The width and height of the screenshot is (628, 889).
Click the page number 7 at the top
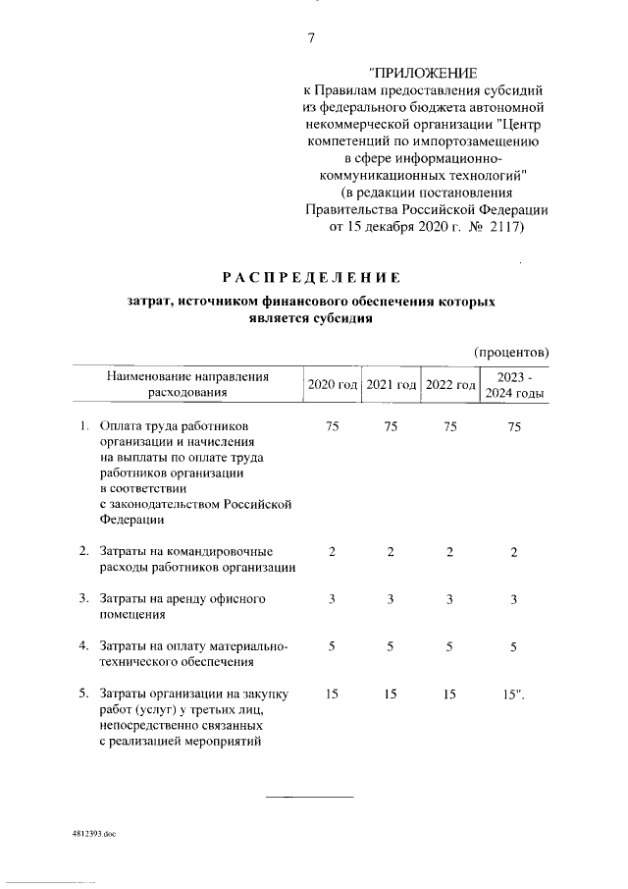pos(311,38)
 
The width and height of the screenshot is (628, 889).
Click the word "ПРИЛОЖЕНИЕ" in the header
pos(423,73)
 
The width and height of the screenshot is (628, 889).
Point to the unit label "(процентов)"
pos(510,352)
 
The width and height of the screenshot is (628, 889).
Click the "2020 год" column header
pos(333,384)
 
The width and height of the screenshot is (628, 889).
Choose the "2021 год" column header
pos(391,384)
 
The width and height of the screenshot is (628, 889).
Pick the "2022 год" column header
pos(449,384)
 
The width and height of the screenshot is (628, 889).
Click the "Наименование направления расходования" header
pos(187,384)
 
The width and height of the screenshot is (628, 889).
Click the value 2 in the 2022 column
pos(449,552)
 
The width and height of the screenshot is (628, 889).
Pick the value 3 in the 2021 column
pos(391,599)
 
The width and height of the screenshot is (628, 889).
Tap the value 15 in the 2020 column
pos(333,695)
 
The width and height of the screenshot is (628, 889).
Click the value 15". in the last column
pos(515,695)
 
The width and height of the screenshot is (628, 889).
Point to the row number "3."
pos(85,599)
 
